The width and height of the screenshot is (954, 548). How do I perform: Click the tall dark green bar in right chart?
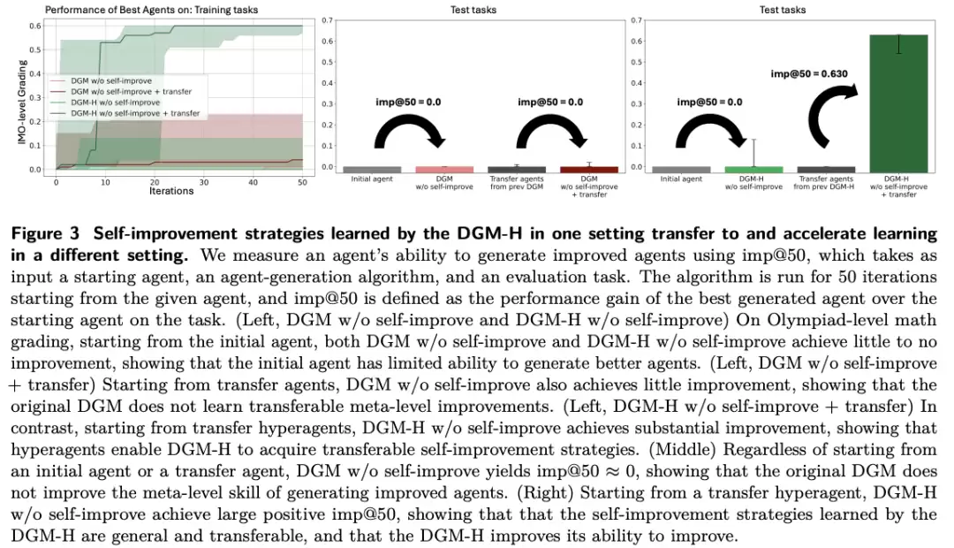[x=898, y=103]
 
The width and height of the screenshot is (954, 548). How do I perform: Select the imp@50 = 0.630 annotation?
[x=808, y=73]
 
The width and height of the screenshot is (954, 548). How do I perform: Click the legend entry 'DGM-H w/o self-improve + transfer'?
[x=135, y=113]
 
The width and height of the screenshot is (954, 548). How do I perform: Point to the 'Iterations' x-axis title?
[x=171, y=191]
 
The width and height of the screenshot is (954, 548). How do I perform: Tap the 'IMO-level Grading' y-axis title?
[x=22, y=102]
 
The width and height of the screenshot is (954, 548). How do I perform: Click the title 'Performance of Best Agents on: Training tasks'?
[x=152, y=10]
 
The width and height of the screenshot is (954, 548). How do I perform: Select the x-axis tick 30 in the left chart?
[x=204, y=182]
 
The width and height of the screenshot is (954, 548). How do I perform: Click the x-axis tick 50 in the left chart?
[x=302, y=182]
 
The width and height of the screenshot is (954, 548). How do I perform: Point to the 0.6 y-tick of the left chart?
[x=35, y=27]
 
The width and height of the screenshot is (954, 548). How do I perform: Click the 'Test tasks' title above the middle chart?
[x=473, y=10]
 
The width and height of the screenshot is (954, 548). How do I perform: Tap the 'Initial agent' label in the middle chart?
[x=372, y=179]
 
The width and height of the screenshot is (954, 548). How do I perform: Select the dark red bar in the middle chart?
[x=589, y=170]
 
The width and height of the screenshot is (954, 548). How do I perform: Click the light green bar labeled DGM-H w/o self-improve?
[x=753, y=170]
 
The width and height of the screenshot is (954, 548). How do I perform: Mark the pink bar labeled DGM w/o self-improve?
[x=444, y=170]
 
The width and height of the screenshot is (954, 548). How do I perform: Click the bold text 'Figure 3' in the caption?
[x=45, y=234]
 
